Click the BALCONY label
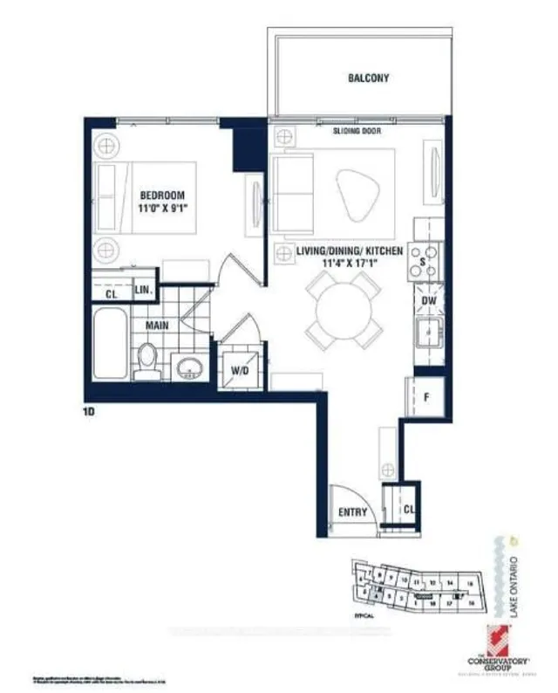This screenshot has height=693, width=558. (x=362, y=79)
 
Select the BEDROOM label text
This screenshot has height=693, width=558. (x=162, y=196)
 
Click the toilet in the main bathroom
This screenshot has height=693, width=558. (x=148, y=360)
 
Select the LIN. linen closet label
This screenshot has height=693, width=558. (x=145, y=289)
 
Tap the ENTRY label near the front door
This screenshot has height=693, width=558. (x=352, y=512)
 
